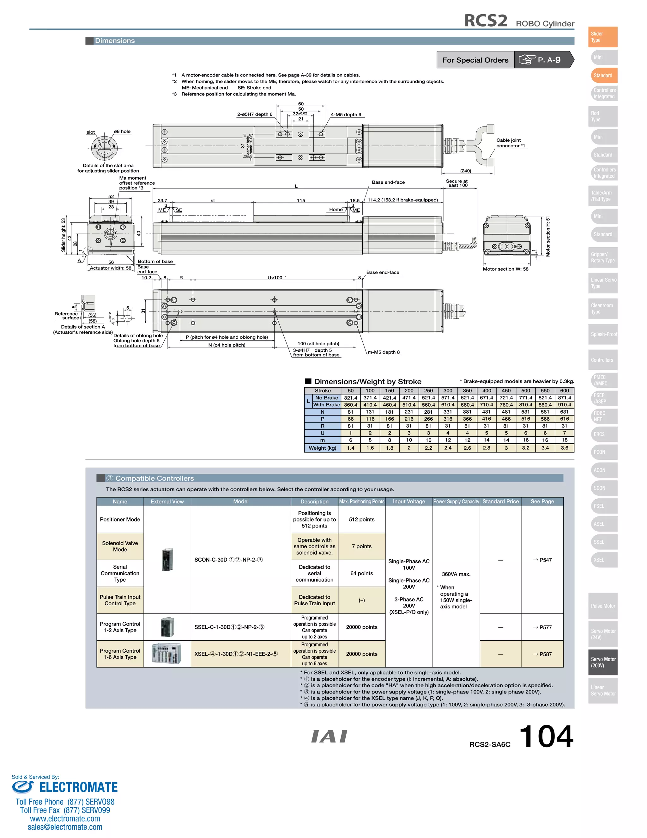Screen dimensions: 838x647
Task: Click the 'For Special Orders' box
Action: click(475, 60)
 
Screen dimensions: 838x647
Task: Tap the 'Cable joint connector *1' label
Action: click(510, 143)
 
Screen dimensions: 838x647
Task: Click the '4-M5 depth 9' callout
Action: click(346, 114)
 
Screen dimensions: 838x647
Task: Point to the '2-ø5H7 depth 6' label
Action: click(255, 114)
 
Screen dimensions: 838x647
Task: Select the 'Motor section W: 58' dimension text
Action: click(505, 269)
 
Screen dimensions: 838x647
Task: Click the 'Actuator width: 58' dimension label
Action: click(110, 268)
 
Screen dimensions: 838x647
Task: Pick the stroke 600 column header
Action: click(564, 391)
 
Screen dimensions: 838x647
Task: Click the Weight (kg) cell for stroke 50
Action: click(350, 448)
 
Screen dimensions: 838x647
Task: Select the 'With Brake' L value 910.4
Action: click(564, 405)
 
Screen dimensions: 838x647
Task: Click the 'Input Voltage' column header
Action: click(408, 502)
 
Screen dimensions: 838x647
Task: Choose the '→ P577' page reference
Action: click(542, 627)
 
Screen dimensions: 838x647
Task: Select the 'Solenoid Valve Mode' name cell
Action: click(120, 546)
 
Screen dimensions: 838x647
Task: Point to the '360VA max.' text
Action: click(456, 574)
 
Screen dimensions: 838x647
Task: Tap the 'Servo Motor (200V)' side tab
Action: click(602, 662)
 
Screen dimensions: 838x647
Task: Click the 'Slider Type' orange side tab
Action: click(602, 37)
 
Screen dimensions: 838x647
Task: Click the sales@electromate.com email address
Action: click(65, 827)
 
